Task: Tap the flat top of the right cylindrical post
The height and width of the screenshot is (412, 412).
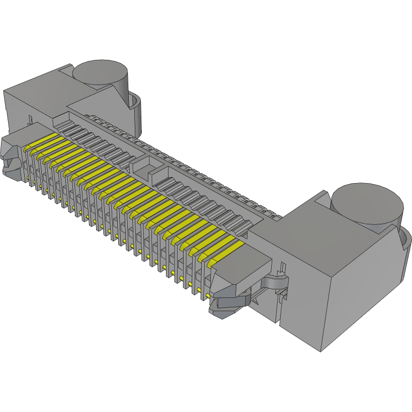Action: tap(367, 201)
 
